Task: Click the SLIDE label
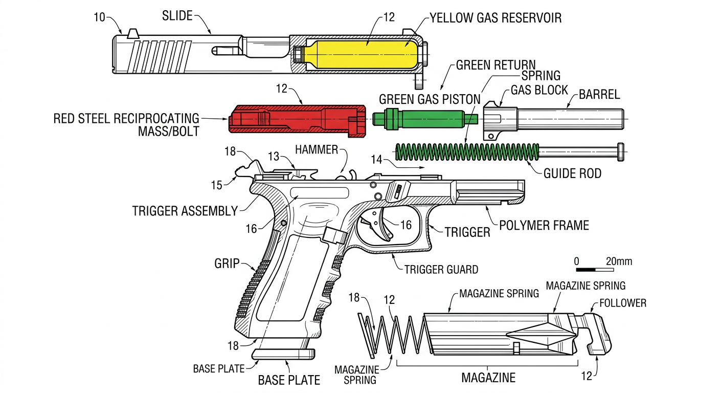(x=177, y=16)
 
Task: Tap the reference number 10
(x=100, y=17)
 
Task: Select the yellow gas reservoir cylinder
(x=361, y=54)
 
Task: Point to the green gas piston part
(x=424, y=119)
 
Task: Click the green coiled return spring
(x=468, y=152)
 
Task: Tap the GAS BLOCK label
(x=539, y=90)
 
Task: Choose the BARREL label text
(x=599, y=95)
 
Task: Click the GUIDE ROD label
(x=572, y=173)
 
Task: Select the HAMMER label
(x=317, y=149)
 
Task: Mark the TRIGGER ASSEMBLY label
(x=185, y=210)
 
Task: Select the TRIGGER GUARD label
(x=441, y=269)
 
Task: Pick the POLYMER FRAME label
(x=544, y=225)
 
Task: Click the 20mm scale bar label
(x=619, y=261)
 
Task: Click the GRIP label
(x=227, y=264)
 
